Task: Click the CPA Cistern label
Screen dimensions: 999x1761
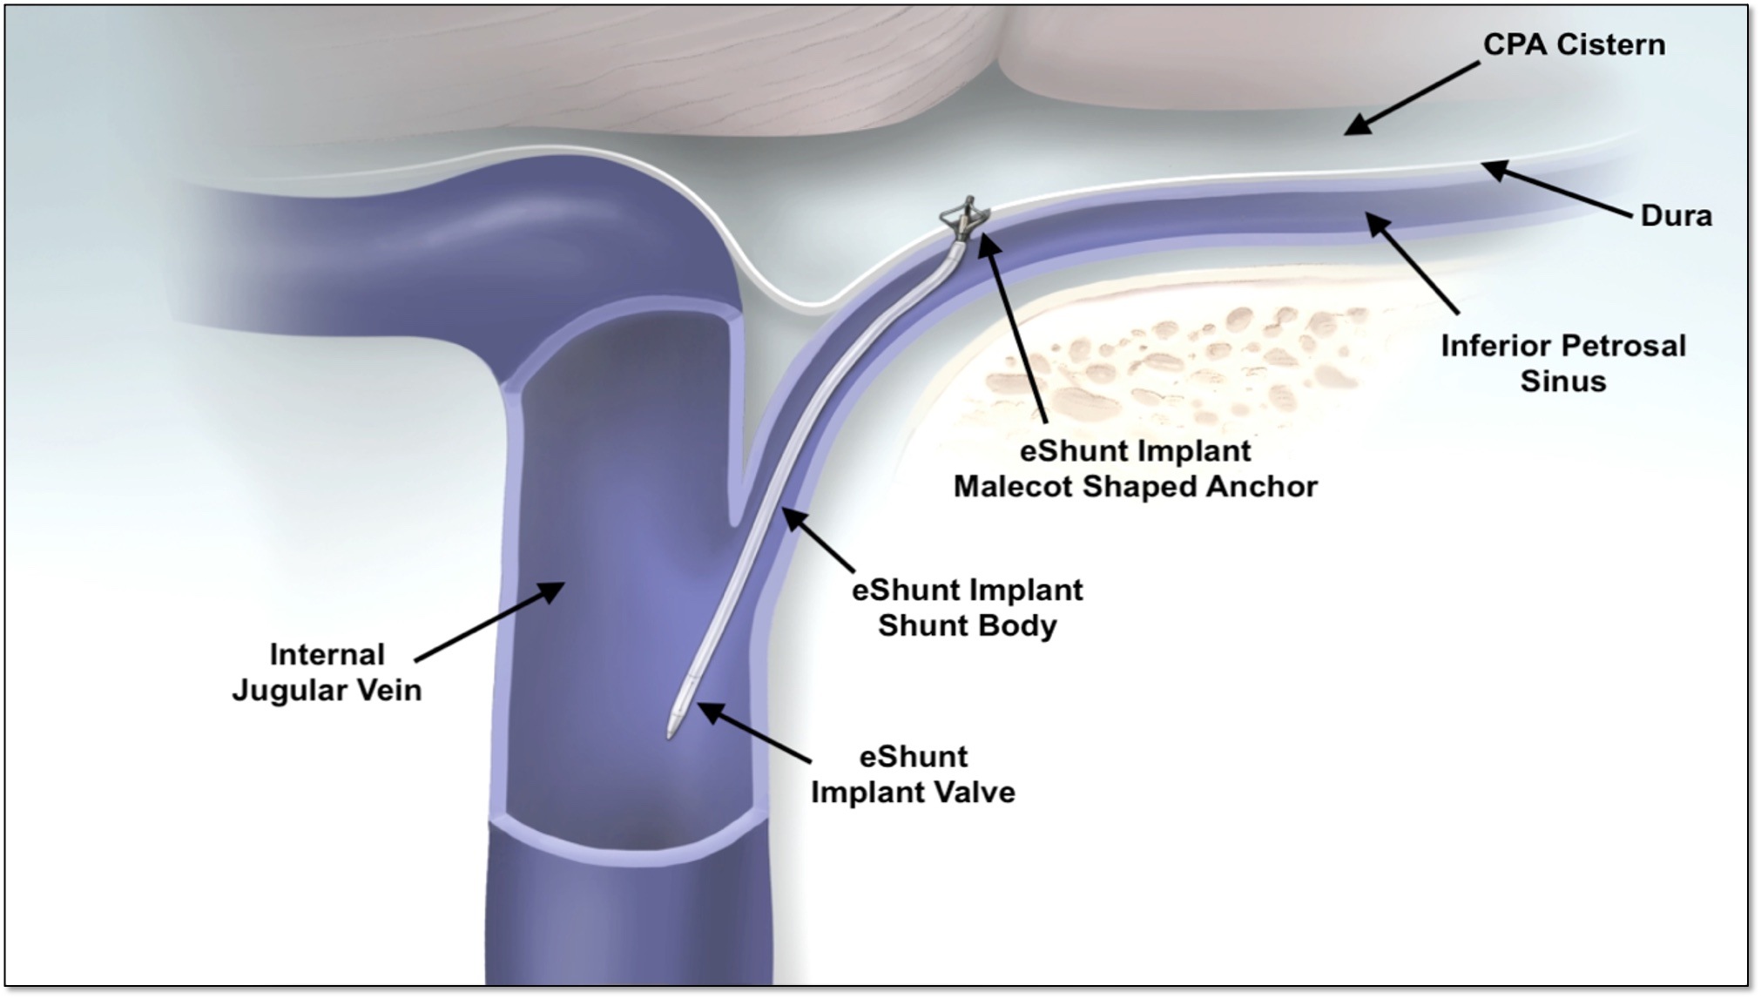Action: click(1573, 45)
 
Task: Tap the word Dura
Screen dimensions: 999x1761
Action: click(1676, 216)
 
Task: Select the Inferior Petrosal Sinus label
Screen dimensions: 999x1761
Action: click(1562, 363)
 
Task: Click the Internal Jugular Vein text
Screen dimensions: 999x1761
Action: click(327, 672)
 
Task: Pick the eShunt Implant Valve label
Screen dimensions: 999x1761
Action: click(913, 774)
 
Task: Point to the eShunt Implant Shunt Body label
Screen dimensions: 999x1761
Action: click(967, 608)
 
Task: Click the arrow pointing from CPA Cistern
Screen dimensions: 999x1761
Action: click(1411, 98)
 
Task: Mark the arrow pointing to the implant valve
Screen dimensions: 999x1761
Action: click(754, 735)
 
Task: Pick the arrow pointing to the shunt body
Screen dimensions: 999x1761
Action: click(818, 540)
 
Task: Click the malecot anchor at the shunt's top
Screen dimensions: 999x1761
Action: click(963, 217)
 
